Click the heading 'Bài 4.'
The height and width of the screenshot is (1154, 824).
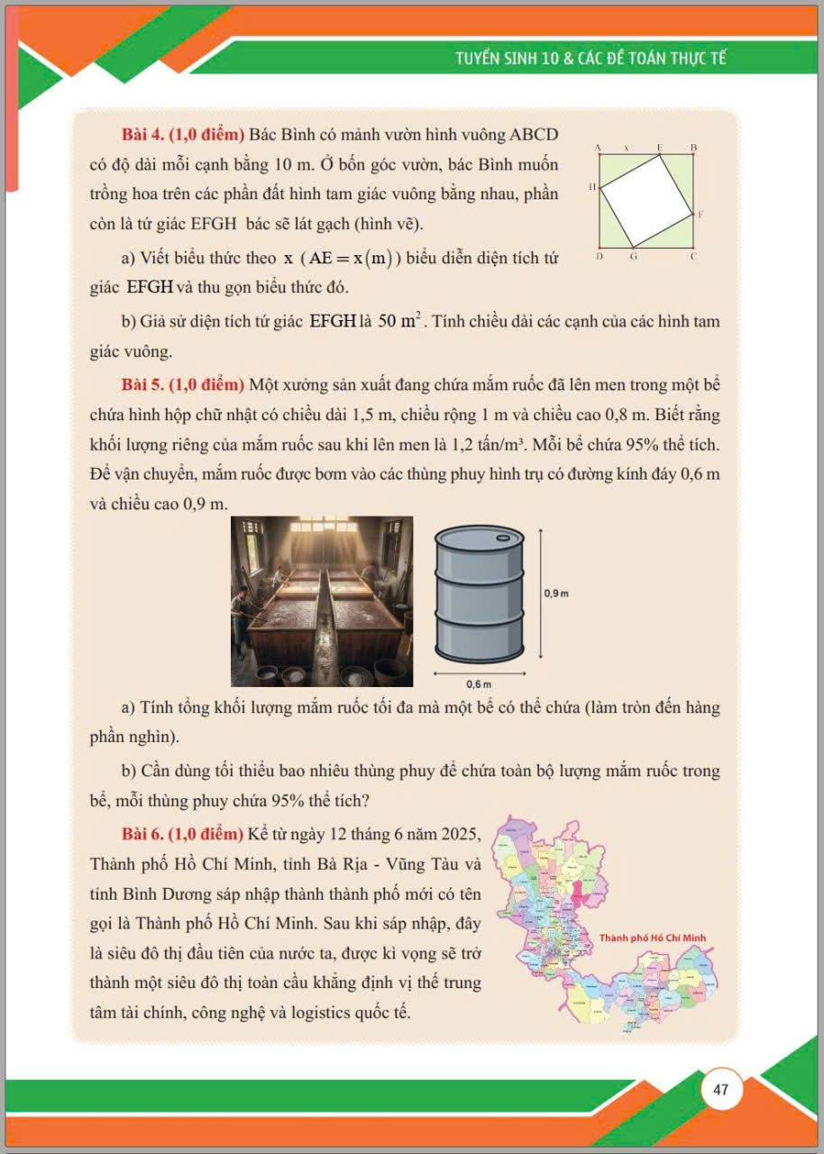(x=142, y=135)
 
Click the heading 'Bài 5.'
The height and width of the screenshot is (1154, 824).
(x=142, y=386)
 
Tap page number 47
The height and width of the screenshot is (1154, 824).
(x=720, y=1089)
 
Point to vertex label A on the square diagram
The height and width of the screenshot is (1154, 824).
(x=598, y=146)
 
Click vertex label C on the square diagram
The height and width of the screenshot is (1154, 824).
(x=693, y=257)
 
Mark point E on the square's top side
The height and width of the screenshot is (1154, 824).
(x=659, y=146)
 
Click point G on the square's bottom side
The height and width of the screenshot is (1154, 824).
(x=633, y=257)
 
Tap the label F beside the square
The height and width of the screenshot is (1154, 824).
(x=700, y=215)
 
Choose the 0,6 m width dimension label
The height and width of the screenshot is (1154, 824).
(x=480, y=685)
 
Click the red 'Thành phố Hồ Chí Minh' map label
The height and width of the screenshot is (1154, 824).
(x=653, y=938)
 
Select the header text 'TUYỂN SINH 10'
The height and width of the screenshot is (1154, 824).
(x=508, y=60)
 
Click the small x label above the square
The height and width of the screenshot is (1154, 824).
(x=626, y=146)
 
